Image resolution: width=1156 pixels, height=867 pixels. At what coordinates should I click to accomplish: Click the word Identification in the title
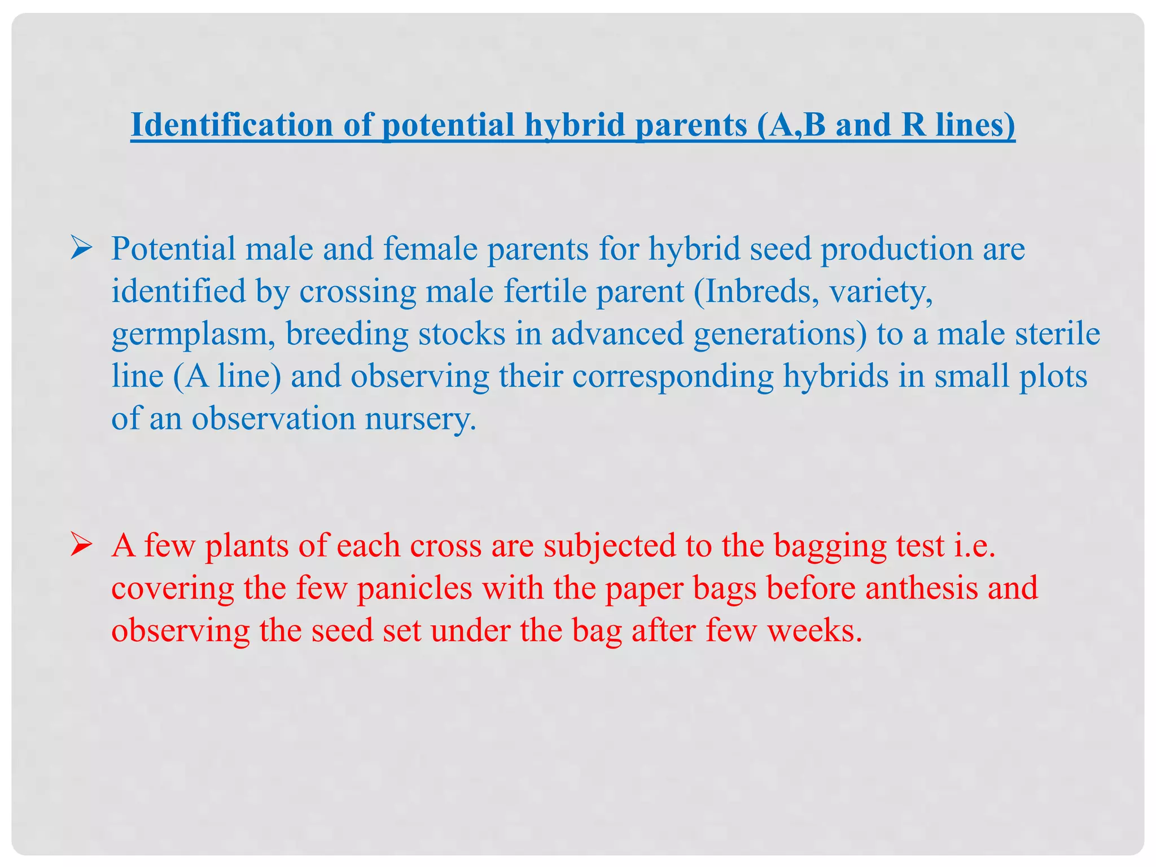[x=232, y=125]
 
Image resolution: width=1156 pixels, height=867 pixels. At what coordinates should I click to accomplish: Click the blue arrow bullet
[x=81, y=249]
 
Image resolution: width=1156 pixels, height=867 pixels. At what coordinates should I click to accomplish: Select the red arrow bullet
[x=81, y=546]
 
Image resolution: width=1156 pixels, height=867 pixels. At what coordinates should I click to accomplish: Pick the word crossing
[x=357, y=292]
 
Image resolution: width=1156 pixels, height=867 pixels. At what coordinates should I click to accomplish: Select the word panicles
[x=415, y=588]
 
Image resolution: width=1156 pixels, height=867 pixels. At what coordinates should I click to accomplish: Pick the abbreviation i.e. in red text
[x=974, y=546]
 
